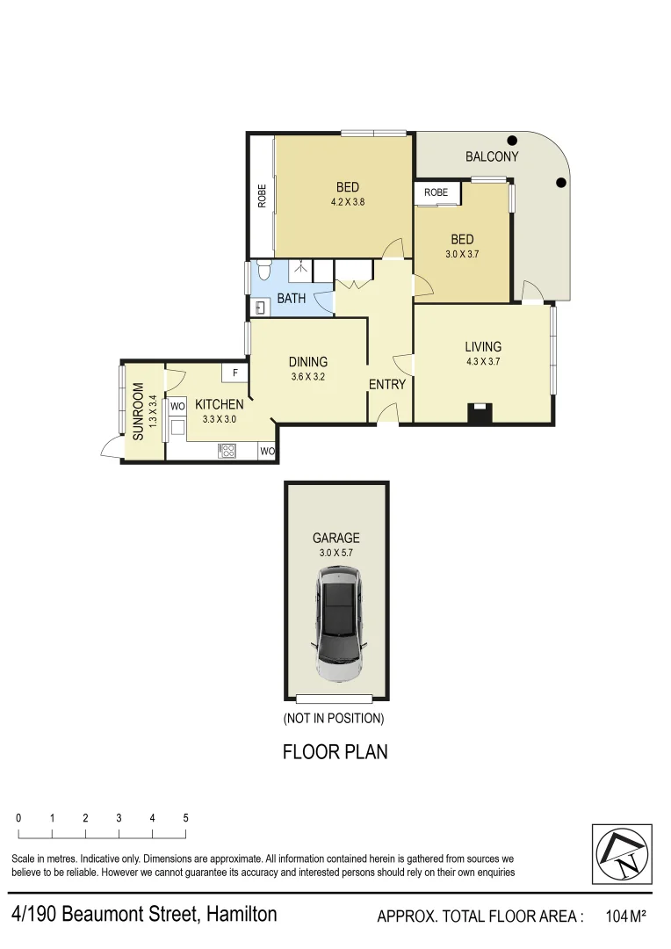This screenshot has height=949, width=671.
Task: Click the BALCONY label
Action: click(x=492, y=157)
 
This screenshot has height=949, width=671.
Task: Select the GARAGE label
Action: click(x=335, y=539)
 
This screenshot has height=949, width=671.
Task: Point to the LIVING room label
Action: click(x=483, y=347)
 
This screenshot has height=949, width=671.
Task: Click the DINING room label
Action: click(x=307, y=362)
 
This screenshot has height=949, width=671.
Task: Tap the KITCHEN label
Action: click(x=219, y=404)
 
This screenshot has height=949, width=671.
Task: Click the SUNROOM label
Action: click(x=138, y=411)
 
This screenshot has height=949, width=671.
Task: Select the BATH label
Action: click(x=292, y=299)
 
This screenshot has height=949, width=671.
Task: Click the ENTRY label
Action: click(x=386, y=384)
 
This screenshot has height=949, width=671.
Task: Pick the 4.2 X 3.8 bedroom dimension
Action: click(x=347, y=201)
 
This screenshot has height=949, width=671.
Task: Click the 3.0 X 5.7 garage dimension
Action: click(x=335, y=554)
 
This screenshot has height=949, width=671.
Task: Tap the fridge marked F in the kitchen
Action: click(x=235, y=373)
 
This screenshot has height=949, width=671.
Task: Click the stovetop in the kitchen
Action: click(x=227, y=451)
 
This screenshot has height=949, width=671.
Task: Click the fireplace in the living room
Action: click(x=480, y=411)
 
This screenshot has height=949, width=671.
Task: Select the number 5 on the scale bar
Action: click(x=185, y=818)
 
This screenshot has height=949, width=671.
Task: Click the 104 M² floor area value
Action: click(x=625, y=917)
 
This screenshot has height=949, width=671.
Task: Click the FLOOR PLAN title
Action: click(x=335, y=752)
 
